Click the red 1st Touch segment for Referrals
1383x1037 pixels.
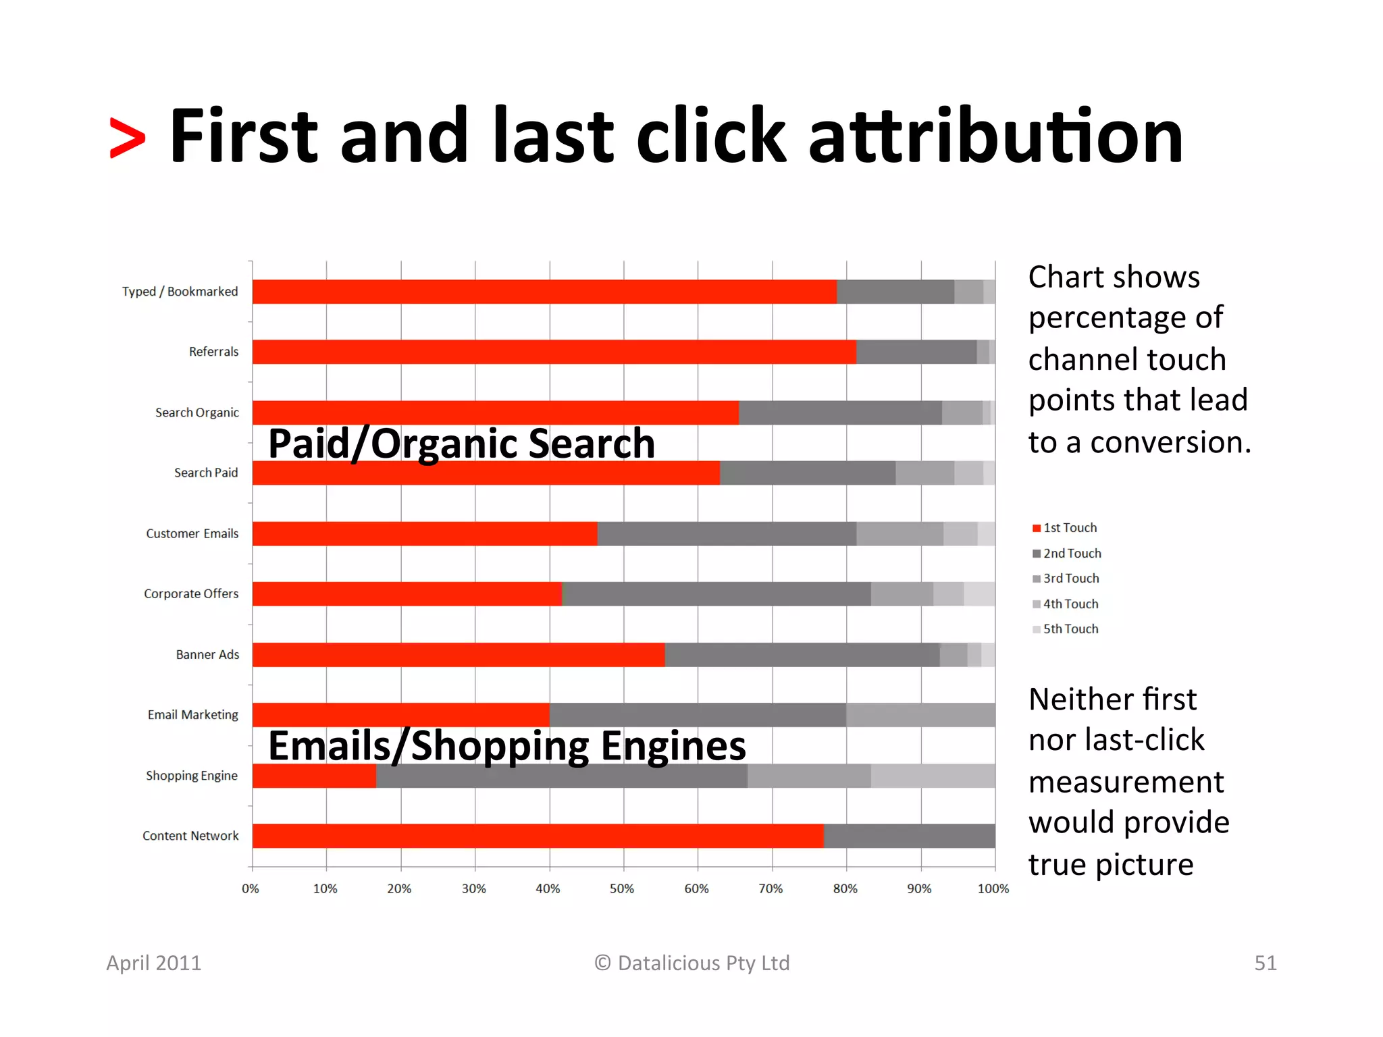coord(554,352)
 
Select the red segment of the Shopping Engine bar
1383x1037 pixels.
coord(314,776)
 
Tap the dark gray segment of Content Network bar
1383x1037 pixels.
coord(909,836)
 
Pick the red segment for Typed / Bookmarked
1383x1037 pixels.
coord(544,292)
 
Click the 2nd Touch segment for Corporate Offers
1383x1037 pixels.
coord(716,594)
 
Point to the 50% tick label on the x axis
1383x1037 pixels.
coord(622,888)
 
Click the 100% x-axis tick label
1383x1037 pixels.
coord(993,888)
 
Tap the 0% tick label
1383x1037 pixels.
coord(251,888)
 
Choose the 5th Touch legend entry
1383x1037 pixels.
coord(1065,629)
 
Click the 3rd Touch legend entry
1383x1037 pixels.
coord(1065,579)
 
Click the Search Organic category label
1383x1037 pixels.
coord(197,413)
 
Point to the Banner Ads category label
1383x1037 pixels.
coord(207,655)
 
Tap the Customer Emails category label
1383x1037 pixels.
coord(192,533)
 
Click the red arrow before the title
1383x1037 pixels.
coord(127,138)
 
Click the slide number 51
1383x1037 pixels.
coord(1265,963)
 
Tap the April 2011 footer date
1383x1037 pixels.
coord(154,963)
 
